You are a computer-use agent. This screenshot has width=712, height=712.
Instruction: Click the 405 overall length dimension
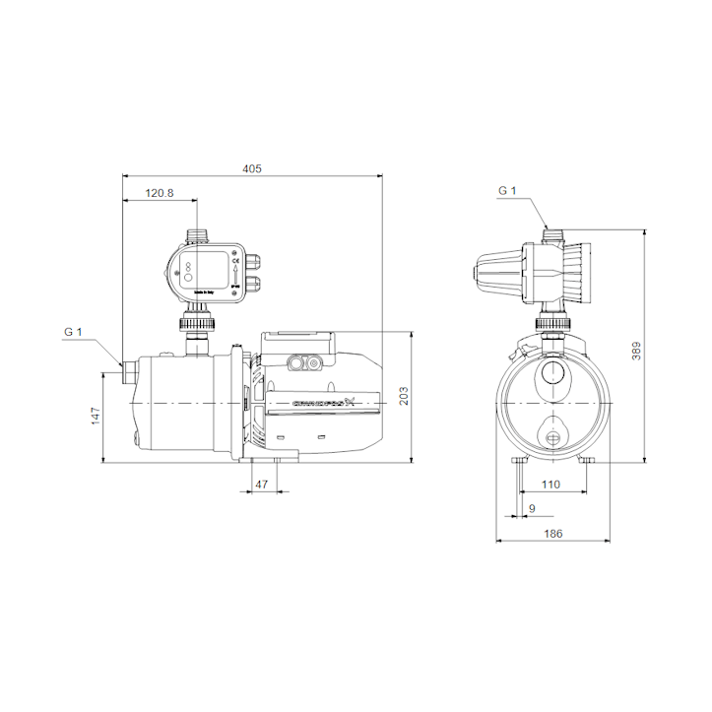[251, 169]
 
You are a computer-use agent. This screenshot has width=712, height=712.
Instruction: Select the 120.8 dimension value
[159, 193]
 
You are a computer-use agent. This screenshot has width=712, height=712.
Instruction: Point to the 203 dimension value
[404, 396]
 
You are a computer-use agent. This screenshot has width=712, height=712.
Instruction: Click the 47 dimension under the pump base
[262, 484]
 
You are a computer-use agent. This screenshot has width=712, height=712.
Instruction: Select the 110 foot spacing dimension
[551, 485]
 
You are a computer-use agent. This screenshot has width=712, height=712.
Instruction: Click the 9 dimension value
[533, 508]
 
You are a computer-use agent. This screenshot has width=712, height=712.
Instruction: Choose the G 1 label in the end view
[507, 190]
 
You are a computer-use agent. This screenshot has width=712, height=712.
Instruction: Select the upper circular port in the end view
[552, 374]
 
